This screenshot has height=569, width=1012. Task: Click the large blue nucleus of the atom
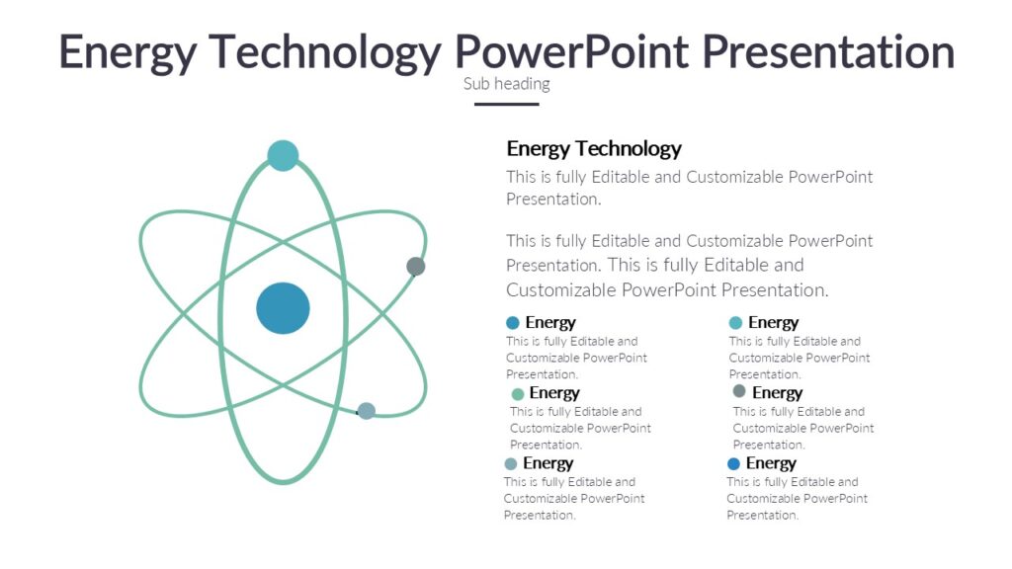point(283,308)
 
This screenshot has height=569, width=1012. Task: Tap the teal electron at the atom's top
point(283,155)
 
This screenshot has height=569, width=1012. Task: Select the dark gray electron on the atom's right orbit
point(416,266)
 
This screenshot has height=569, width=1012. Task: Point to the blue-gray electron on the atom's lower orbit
point(366,411)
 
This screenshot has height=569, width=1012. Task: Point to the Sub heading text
point(506,84)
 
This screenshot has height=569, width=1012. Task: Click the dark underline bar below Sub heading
point(506,104)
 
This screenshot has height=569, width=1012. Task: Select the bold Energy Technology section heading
point(594,149)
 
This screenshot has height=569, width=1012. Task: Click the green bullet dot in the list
point(517,394)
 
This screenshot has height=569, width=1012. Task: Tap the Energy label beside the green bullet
point(554,393)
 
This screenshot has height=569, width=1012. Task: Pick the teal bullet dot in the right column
point(735,323)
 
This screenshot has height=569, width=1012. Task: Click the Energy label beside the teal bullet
point(773,322)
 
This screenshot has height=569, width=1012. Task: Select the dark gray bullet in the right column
point(739,391)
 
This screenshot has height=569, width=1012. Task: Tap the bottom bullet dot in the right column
point(733,463)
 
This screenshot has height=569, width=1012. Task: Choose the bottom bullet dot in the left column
point(511,464)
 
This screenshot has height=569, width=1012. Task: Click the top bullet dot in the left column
point(512,323)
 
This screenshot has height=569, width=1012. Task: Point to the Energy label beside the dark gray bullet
point(777,393)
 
